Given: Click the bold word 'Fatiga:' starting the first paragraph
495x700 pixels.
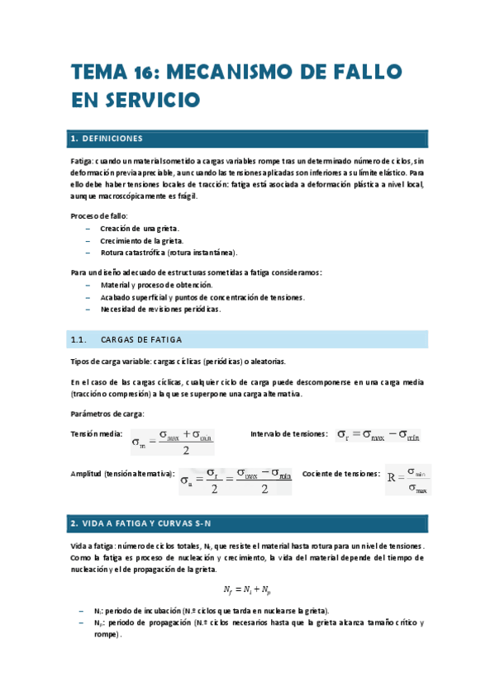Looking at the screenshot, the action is click(84, 159).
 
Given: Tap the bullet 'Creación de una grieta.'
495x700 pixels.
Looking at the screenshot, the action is click(139, 228).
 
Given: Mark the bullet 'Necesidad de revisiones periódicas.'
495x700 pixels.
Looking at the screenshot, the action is click(159, 308).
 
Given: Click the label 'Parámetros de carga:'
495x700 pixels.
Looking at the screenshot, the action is click(107, 414).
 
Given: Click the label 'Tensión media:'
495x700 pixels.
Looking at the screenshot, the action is click(97, 434).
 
